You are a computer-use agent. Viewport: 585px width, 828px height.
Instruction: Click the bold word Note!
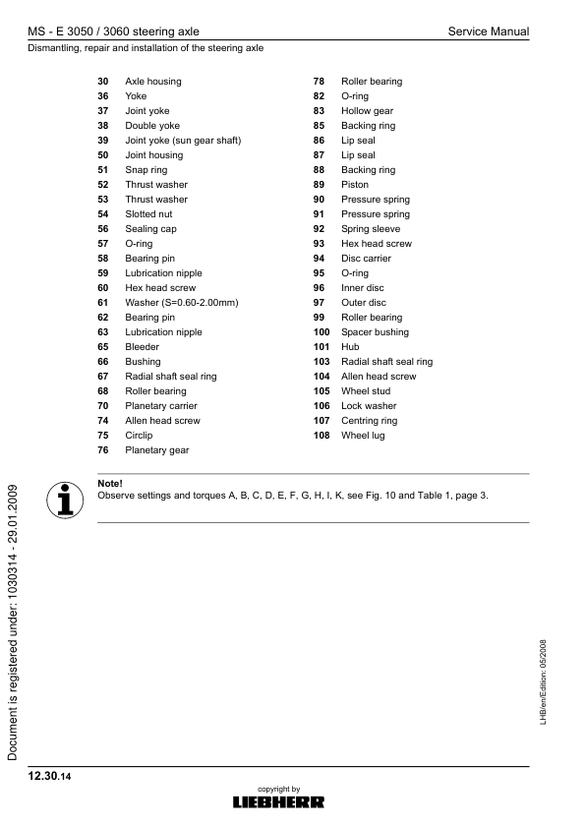[x=110, y=483]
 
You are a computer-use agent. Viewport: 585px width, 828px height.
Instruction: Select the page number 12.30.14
[x=50, y=777]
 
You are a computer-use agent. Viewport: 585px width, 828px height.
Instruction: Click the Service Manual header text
[x=488, y=31]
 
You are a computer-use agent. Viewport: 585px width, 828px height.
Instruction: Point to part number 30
[x=102, y=82]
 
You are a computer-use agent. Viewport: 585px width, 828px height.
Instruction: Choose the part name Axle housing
[x=152, y=82]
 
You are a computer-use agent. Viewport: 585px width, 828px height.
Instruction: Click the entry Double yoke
[x=152, y=126]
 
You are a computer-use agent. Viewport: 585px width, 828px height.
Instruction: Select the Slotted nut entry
[x=148, y=214]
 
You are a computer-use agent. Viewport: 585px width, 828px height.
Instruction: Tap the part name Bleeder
[x=142, y=347]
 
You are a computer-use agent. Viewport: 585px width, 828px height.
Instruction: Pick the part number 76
[x=102, y=450]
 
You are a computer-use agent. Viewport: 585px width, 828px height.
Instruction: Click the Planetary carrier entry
[x=160, y=406]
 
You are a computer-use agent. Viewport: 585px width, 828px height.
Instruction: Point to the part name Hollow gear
[x=367, y=111]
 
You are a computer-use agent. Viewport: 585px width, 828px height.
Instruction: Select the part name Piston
[x=355, y=185]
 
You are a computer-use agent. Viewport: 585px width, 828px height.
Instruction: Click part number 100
[x=321, y=332]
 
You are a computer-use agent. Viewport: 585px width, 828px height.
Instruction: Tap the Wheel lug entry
[x=363, y=436]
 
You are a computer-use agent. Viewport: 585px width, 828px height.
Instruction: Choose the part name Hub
[x=350, y=347]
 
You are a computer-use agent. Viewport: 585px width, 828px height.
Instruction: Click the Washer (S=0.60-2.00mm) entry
[x=182, y=303]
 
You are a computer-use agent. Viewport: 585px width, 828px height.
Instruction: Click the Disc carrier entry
[x=366, y=259]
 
